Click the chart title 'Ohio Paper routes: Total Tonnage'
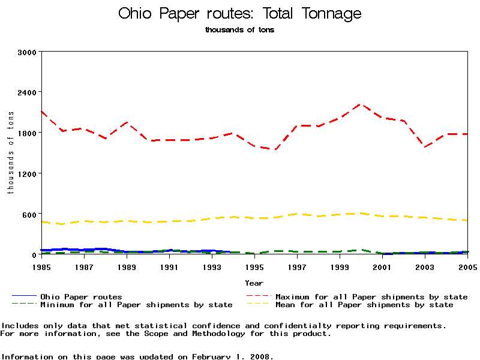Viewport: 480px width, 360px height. [240, 13]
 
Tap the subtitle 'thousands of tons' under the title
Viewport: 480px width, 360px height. [240, 29]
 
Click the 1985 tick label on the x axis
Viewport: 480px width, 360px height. [41, 266]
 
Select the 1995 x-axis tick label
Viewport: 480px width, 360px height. [254, 266]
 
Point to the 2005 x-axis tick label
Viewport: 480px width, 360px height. [467, 266]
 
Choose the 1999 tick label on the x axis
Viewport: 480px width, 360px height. [340, 266]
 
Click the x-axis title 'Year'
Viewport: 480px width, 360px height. [254, 283]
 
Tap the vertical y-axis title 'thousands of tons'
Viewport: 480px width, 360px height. [10, 153]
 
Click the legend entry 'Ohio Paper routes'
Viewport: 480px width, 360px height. [81, 297]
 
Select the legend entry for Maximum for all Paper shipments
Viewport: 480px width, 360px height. [371, 297]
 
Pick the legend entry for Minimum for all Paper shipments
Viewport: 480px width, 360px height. [136, 305]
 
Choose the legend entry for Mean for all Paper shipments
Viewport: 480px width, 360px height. [364, 305]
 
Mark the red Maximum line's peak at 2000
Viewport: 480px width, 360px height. [361, 104]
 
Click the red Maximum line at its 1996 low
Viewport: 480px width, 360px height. [276, 149]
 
